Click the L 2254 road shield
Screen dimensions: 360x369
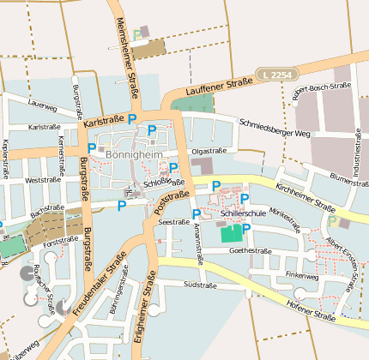click(x=280, y=75)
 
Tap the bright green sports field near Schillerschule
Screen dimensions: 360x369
click(x=232, y=233)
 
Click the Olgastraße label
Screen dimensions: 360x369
click(x=209, y=150)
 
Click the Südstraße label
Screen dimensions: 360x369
click(x=199, y=284)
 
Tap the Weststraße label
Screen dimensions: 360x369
click(x=43, y=181)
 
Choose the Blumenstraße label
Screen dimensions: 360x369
click(x=348, y=178)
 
